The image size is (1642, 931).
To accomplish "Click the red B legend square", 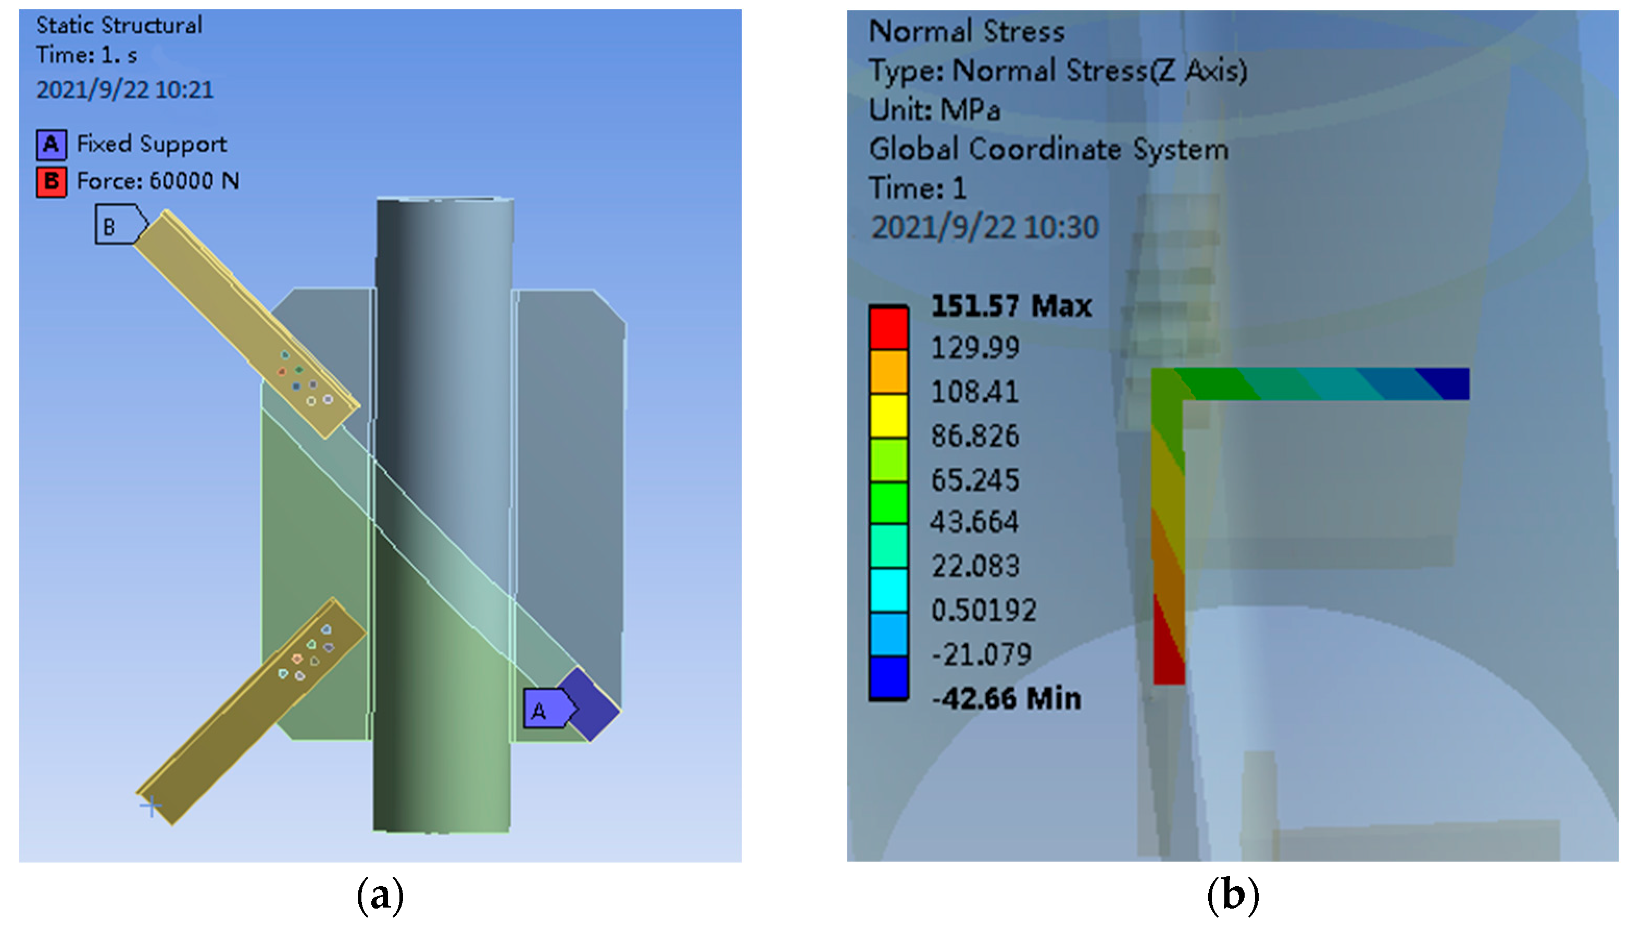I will (x=51, y=182).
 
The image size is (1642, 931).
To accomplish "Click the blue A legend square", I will (x=51, y=144).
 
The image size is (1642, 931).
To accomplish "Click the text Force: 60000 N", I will (x=158, y=181).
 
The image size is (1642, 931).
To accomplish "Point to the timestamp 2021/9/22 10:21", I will (x=124, y=90).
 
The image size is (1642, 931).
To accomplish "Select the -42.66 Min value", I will (x=1007, y=698).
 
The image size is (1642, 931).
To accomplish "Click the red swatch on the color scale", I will (x=888, y=327).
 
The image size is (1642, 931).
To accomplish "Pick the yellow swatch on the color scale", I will (x=888, y=416).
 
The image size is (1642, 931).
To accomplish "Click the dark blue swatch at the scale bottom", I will (x=888, y=678).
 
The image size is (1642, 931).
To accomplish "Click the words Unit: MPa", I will (x=934, y=110).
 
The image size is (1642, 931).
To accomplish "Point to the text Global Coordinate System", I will (x=1048, y=150).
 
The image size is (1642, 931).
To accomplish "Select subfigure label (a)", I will (x=380, y=896).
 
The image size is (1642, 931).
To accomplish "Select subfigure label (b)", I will (x=1232, y=896).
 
